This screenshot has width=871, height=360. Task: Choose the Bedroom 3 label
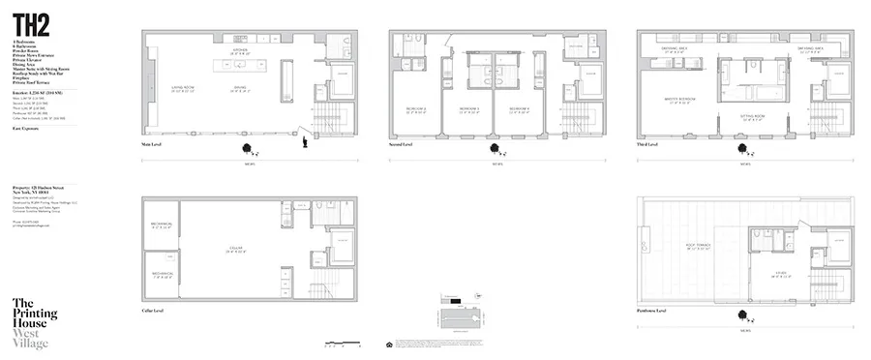tap(470, 107)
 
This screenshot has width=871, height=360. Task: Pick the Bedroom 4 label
tap(519, 107)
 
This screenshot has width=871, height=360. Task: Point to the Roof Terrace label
tap(698, 247)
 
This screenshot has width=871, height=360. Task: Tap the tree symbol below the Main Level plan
tap(250, 148)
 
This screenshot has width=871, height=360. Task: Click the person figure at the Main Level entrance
tap(307, 142)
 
